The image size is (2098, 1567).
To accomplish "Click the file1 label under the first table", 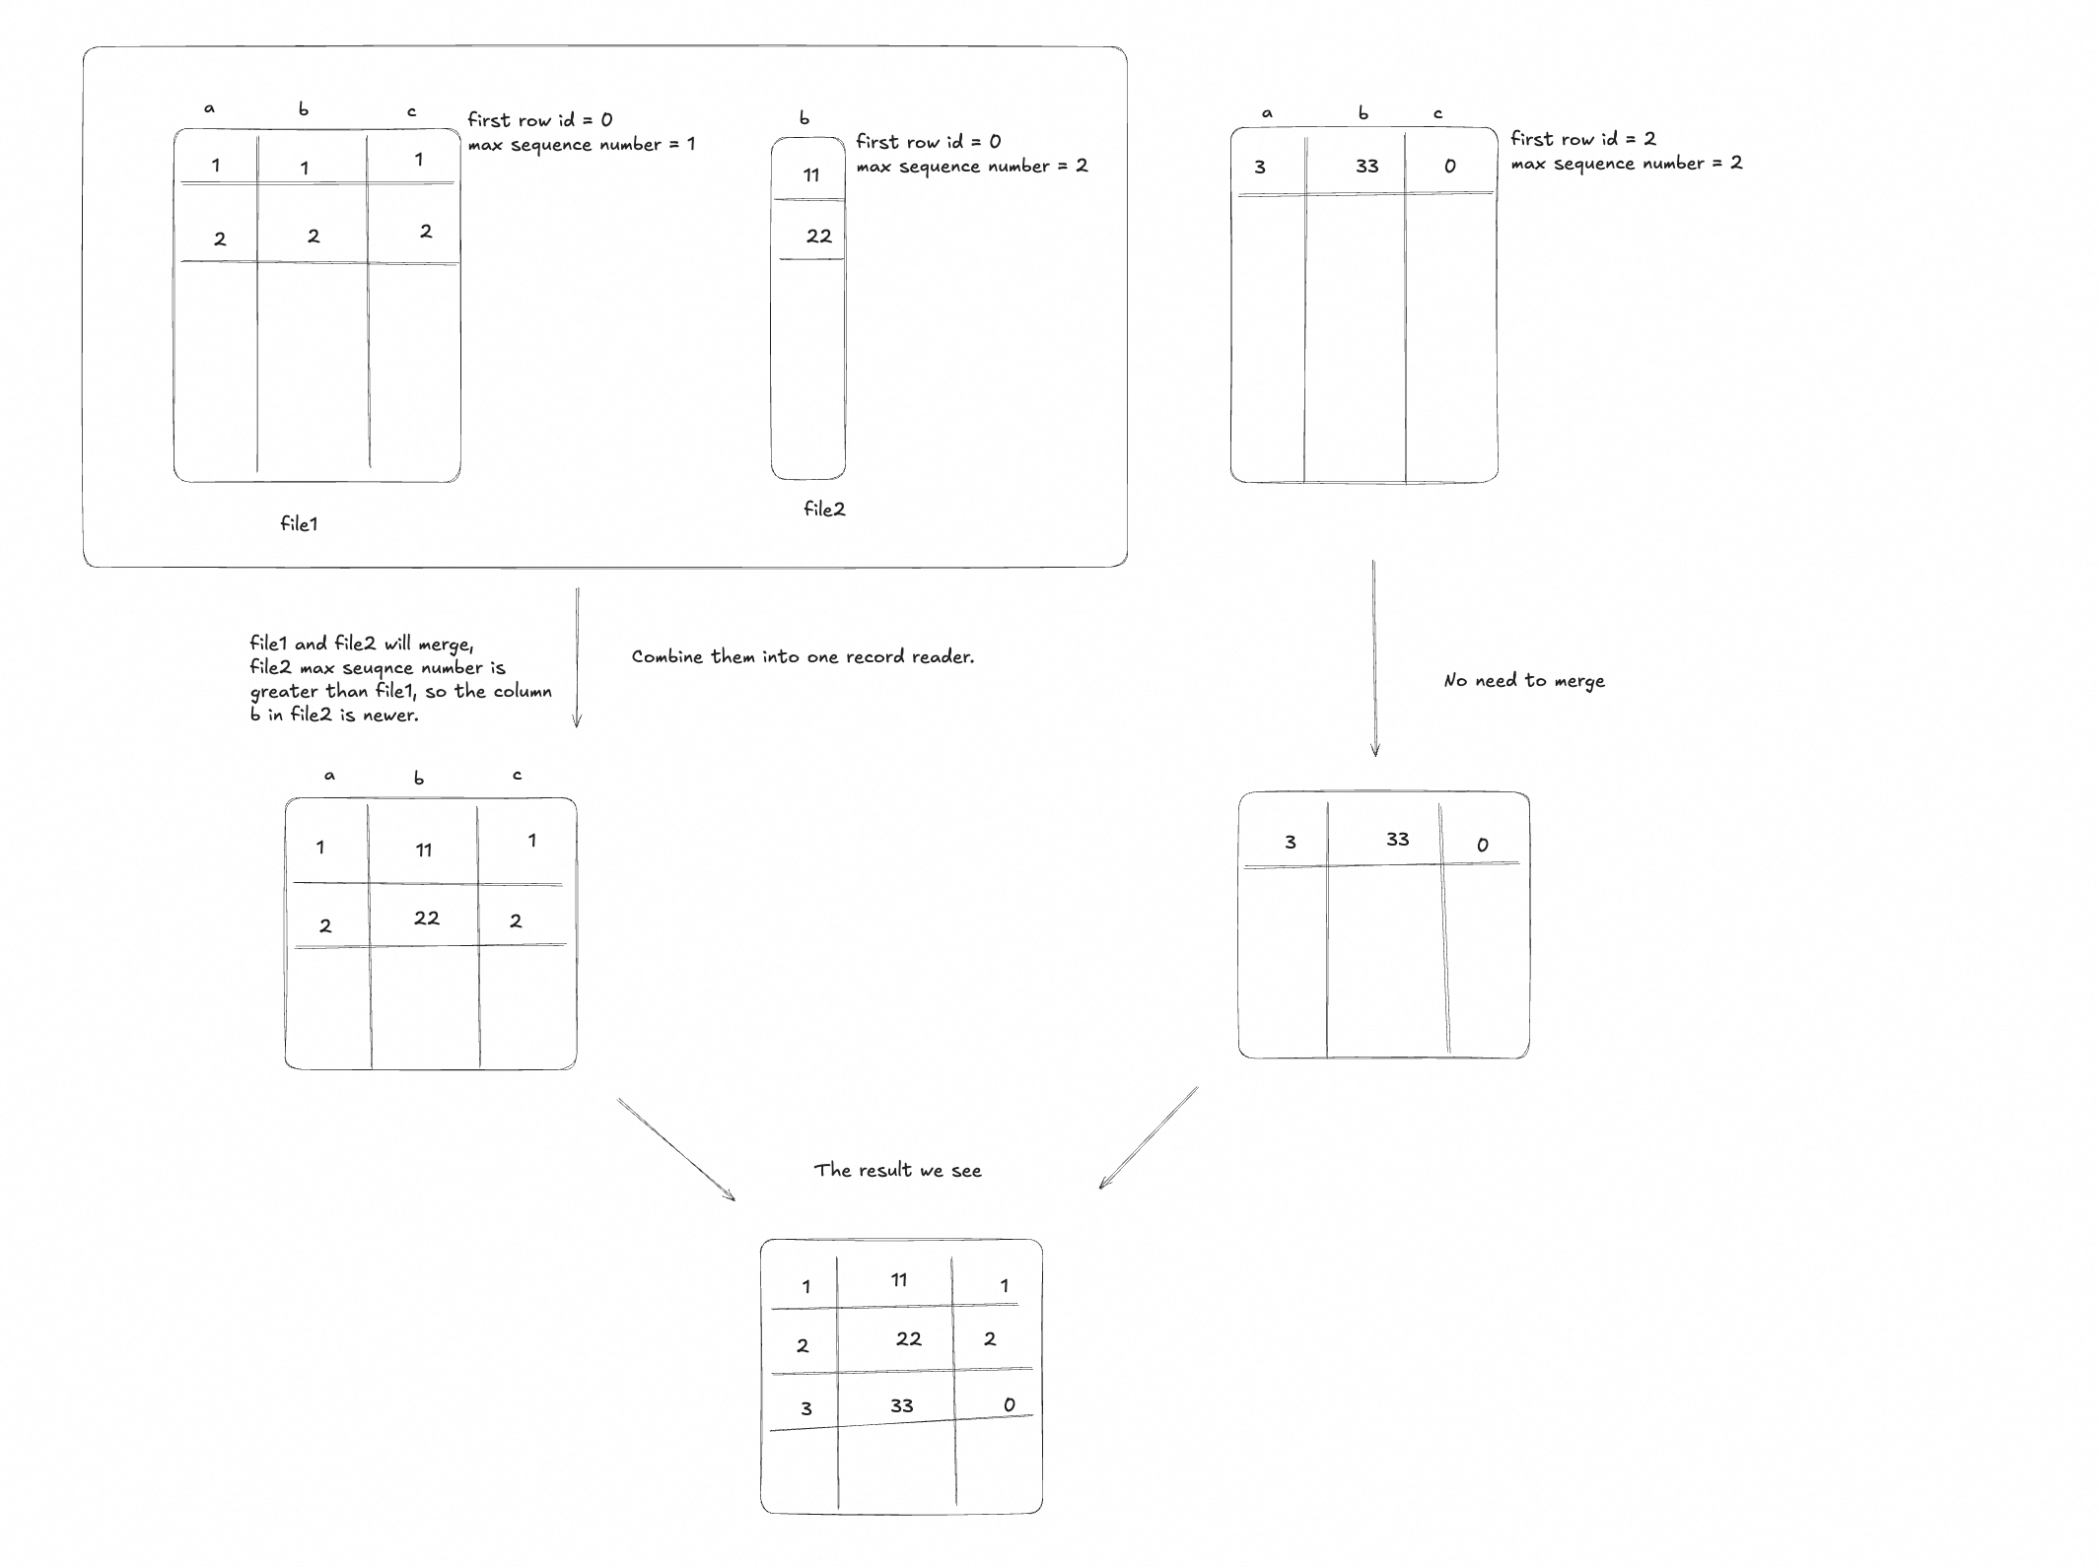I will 299,523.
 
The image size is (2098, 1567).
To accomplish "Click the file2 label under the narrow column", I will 824,509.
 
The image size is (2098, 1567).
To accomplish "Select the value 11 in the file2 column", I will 811,175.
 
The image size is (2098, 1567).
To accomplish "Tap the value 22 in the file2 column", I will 818,236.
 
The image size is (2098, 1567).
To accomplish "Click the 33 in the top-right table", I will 1366,166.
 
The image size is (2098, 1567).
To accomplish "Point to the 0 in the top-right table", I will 1449,167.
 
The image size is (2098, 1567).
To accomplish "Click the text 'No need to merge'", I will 1523,680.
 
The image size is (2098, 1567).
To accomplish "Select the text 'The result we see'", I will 897,1170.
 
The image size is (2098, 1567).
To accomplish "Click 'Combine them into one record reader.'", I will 803,656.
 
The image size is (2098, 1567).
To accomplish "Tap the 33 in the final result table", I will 901,1405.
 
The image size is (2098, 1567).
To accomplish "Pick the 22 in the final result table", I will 908,1338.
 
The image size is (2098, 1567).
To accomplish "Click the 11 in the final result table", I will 898,1280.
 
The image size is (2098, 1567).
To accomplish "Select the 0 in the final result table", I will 1009,1404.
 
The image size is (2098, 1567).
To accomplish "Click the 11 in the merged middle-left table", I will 424,850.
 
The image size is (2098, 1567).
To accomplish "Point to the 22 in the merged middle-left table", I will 426,918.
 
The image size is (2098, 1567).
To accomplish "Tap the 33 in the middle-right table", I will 1397,839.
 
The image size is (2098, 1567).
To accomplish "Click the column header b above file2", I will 804,118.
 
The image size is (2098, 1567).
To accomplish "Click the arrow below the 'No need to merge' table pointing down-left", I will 1148,1137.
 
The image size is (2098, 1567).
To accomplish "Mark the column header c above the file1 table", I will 412,112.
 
